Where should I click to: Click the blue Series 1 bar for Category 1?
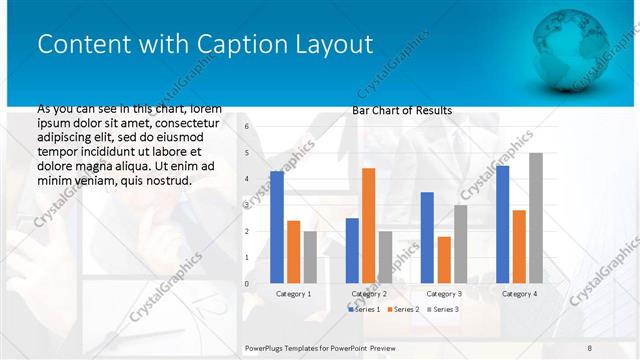(277, 228)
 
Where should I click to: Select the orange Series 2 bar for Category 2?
(368, 226)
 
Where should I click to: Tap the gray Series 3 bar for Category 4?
(536, 218)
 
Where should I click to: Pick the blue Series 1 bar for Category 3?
(427, 238)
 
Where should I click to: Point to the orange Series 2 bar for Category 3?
(444, 260)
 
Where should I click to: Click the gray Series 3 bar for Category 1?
(310, 257)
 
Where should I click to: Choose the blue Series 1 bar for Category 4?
(502, 225)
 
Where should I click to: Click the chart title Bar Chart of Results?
(402, 110)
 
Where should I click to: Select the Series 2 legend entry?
(402, 310)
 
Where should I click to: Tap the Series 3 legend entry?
(442, 310)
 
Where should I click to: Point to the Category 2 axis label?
(369, 294)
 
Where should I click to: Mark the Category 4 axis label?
(519, 294)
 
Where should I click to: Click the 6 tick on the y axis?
(246, 127)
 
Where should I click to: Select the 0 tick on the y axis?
(246, 284)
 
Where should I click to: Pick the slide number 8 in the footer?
(589, 348)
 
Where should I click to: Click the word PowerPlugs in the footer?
(265, 348)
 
